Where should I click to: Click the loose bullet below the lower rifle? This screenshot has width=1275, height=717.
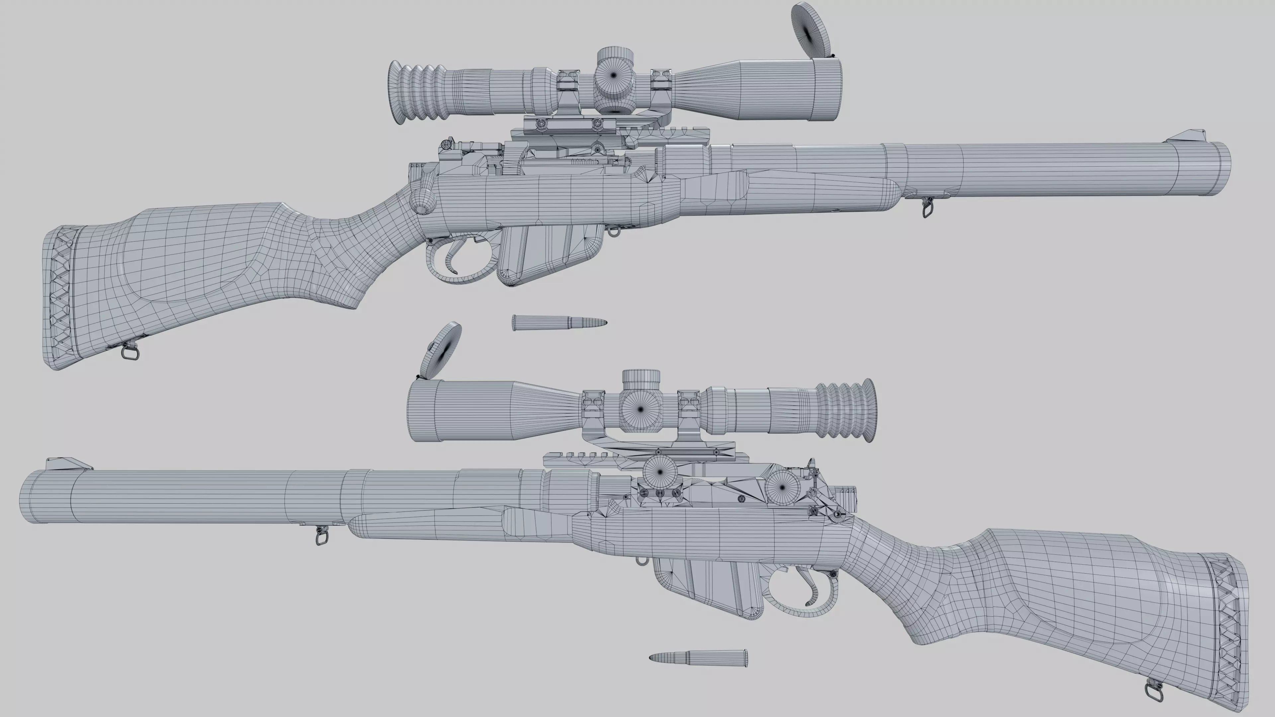pyautogui.click(x=698, y=658)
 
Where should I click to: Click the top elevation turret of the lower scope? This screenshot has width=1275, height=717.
pyautogui.click(x=640, y=378)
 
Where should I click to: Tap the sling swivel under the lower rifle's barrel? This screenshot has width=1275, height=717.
pyautogui.click(x=322, y=536)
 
